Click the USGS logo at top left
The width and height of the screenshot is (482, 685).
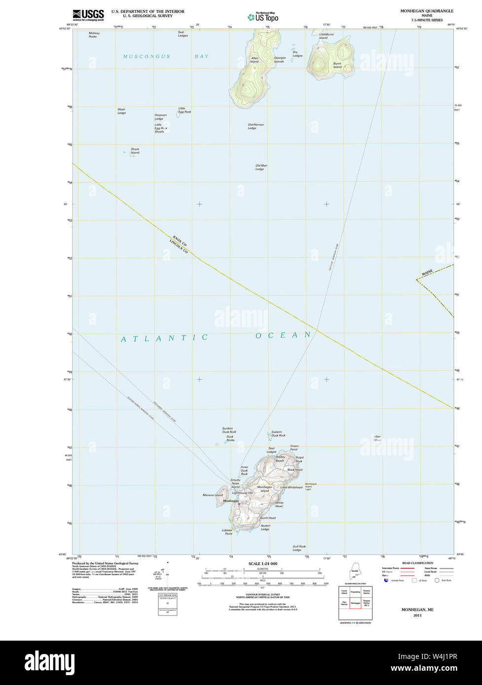click(88, 15)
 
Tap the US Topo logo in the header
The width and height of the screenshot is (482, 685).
click(263, 17)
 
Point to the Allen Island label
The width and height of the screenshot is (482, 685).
click(255, 60)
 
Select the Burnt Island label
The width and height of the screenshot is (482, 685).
click(337, 65)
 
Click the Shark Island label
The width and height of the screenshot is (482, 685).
click(135, 151)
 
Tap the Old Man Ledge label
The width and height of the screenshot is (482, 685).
click(261, 168)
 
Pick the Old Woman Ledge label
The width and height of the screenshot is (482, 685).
click(256, 126)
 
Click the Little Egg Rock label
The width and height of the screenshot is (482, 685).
click(185, 110)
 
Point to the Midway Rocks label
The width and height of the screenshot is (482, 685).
click(94, 34)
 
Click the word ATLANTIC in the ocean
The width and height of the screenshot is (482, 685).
click(165, 338)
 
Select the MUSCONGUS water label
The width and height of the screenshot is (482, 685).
click(147, 56)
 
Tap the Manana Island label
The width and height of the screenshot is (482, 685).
click(213, 495)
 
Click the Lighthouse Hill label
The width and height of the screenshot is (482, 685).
click(242, 493)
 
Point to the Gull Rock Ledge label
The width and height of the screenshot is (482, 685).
click(299, 548)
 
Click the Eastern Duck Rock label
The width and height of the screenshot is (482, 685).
click(278, 434)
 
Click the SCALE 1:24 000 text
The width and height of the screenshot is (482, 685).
click(263, 563)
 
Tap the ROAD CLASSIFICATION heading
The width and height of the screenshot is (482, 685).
click(417, 563)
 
